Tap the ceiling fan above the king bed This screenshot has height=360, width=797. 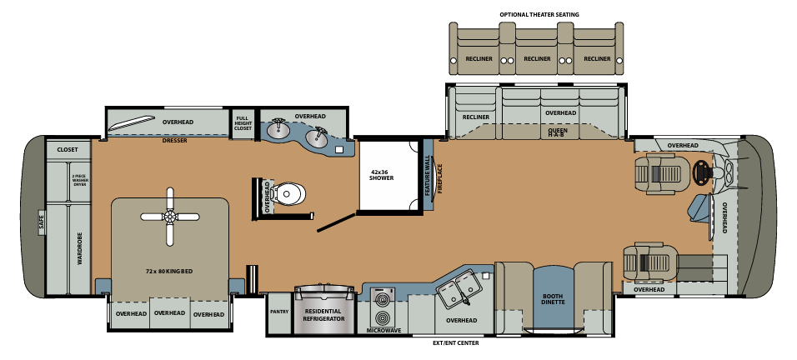coord(170,217)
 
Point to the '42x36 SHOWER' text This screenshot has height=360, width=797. coord(381,176)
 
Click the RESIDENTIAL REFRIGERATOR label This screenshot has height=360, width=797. coord(321,313)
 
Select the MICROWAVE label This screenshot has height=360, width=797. coord(383,330)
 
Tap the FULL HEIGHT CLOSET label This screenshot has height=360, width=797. coord(243,123)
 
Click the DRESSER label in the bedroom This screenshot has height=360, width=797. coord(174,141)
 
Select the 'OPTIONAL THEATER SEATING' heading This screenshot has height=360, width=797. coord(539,14)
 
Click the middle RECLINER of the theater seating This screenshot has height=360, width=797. coord(538,59)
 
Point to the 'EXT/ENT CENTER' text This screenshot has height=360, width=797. coord(457,342)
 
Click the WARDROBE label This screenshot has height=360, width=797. coord(80,247)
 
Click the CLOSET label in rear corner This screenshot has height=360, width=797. coord(67,150)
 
